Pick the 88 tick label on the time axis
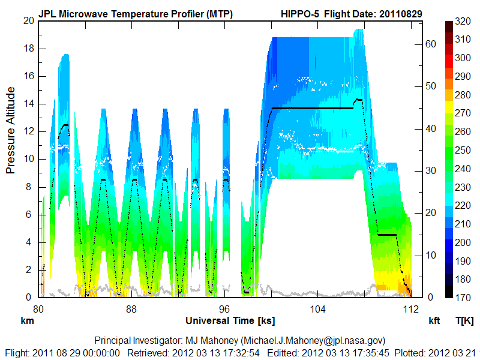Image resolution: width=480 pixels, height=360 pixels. click(131, 309)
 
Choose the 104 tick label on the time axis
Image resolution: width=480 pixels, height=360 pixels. click(317, 309)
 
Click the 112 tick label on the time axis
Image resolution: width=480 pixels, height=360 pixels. click(410, 309)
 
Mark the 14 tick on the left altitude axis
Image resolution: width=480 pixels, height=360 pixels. click(28, 104)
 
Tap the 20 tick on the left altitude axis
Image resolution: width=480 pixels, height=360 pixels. click(28, 20)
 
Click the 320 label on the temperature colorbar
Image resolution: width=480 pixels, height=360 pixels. click(462, 21)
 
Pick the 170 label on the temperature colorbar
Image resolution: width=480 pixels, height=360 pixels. click(462, 297)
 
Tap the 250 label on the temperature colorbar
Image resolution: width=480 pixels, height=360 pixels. click(462, 150)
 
